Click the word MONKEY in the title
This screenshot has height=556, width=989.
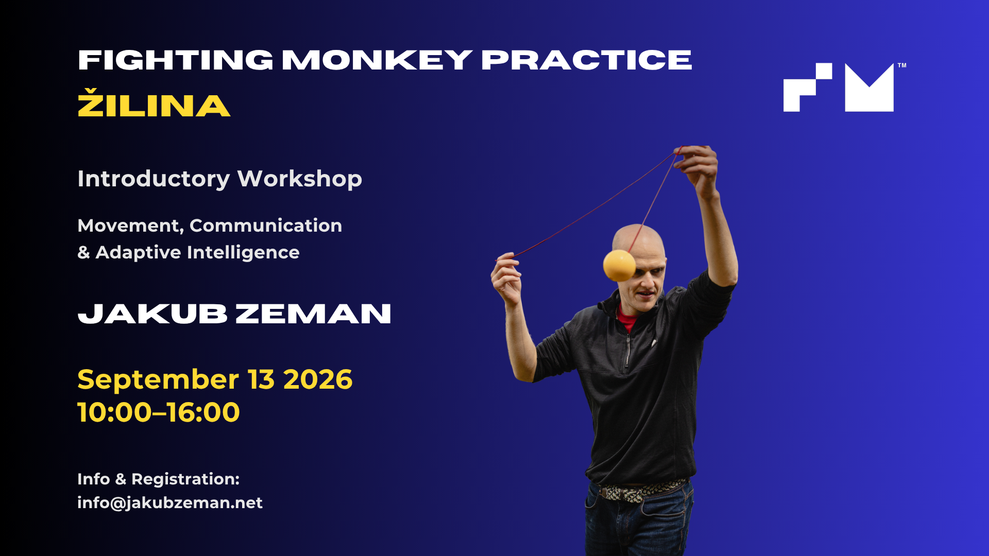click(377, 60)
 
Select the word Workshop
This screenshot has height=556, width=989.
click(299, 179)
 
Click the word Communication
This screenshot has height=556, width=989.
click(266, 225)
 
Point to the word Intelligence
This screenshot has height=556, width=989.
click(243, 253)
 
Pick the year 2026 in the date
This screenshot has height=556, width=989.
click(318, 379)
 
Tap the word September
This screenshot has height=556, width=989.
click(158, 380)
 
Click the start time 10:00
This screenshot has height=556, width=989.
click(115, 412)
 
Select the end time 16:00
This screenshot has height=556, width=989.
click(202, 412)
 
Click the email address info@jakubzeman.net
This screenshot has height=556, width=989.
click(170, 502)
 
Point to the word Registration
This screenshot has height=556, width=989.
click(185, 479)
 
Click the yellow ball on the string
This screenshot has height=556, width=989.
click(620, 266)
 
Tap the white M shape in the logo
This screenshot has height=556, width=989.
click(869, 89)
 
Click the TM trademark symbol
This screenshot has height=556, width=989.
click(902, 65)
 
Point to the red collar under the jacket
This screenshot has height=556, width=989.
click(626, 319)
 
